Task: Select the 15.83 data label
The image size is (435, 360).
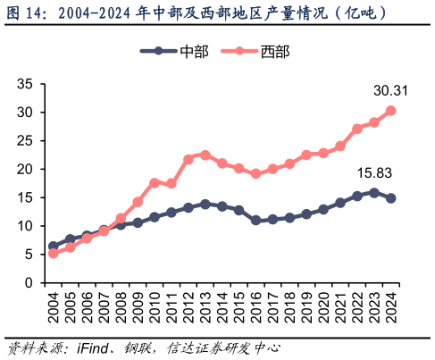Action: [374, 172]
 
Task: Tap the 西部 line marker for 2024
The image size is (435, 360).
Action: [391, 111]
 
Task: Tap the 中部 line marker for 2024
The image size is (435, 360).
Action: [391, 198]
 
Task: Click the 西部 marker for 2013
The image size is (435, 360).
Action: [205, 155]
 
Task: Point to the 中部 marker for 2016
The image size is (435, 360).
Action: [255, 220]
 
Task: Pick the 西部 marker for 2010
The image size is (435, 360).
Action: [155, 182]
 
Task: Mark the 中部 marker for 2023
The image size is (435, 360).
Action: [374, 192]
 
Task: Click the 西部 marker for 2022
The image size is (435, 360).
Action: [357, 129]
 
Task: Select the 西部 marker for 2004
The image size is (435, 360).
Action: [53, 253]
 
